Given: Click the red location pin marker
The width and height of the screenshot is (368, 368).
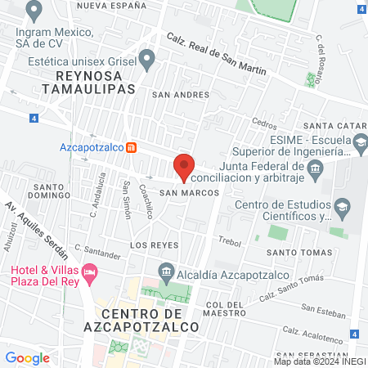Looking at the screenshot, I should [184, 166].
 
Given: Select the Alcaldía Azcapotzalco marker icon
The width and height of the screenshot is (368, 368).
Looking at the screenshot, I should [166, 270].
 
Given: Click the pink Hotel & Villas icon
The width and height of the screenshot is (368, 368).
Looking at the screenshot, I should [90, 270].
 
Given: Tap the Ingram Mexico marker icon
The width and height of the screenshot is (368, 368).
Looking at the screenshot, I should [34, 11].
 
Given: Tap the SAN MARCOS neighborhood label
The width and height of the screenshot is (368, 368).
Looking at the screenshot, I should [189, 192].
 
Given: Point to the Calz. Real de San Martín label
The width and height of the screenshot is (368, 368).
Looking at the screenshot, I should [217, 54].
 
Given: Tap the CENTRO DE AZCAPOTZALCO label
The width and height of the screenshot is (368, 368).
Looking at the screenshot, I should [146, 320].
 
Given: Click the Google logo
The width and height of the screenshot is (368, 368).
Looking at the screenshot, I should [27, 357].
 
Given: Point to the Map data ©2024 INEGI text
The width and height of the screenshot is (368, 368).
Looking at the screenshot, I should [318, 361].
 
